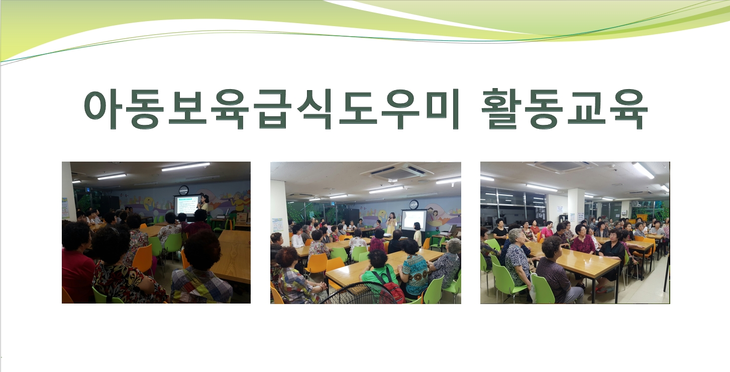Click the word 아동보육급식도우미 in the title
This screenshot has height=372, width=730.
click(x=272, y=109)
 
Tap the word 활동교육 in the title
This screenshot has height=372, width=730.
click(x=564, y=109)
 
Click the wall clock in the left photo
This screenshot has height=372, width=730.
click(x=183, y=190)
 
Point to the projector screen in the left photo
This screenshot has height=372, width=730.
click(x=187, y=205)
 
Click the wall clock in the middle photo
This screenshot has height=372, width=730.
click(x=413, y=204)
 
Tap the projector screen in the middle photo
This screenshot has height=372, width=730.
click(x=413, y=220)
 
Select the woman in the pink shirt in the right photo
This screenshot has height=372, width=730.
click(x=546, y=230)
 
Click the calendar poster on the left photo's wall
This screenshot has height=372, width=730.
click(x=65, y=208)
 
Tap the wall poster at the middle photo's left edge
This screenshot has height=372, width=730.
click(x=277, y=225)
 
